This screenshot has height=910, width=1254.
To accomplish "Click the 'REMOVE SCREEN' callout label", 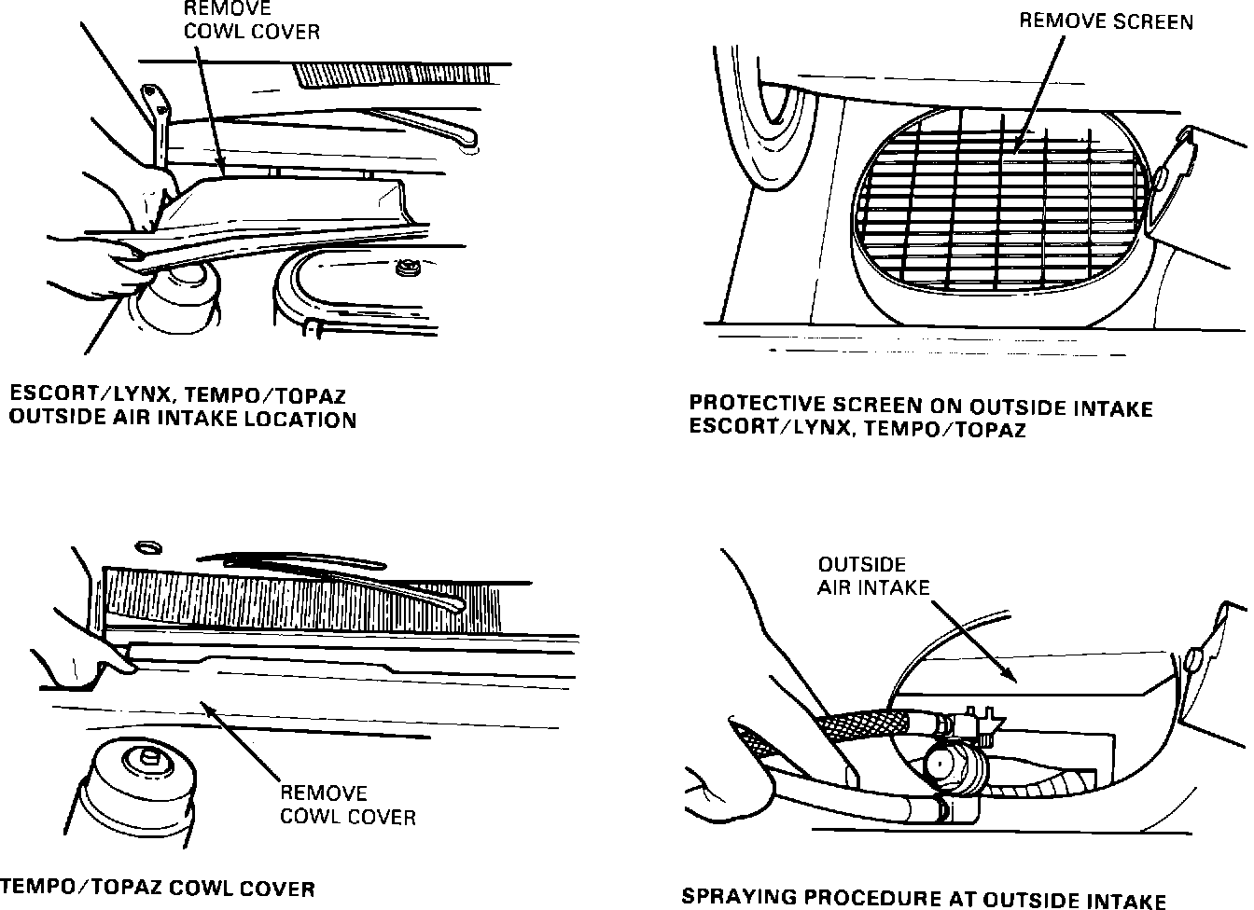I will (1106, 21).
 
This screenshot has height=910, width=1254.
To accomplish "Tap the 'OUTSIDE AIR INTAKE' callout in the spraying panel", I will (873, 576).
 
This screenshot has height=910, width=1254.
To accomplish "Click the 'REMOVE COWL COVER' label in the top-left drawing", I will (252, 20).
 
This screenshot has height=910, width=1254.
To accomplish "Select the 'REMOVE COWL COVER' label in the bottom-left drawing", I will (347, 805).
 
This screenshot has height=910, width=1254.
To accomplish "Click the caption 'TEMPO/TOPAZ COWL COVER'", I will (157, 889).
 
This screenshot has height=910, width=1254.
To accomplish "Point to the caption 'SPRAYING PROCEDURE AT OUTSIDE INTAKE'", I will (924, 898).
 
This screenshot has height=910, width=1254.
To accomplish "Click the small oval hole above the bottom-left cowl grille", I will (147, 545).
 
